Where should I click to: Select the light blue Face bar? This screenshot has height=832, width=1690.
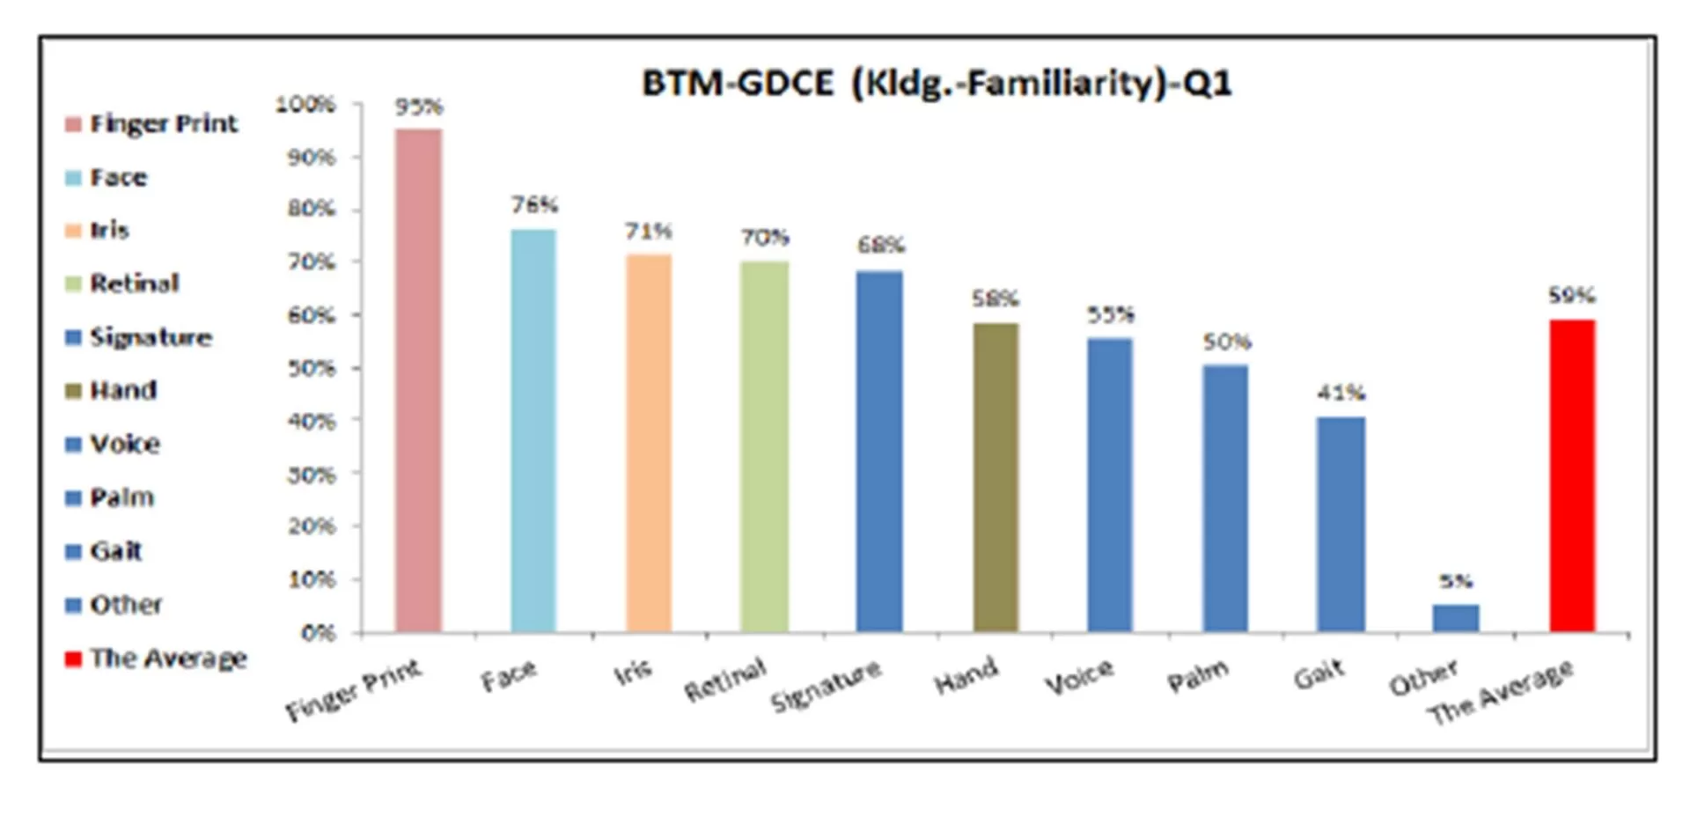(x=533, y=431)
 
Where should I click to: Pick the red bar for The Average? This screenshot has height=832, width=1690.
(x=1572, y=475)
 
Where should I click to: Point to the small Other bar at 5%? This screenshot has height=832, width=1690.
(x=1456, y=618)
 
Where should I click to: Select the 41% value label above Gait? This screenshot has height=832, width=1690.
(x=1341, y=393)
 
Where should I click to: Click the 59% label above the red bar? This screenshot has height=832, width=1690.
(x=1572, y=296)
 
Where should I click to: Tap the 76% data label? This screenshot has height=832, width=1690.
(x=534, y=205)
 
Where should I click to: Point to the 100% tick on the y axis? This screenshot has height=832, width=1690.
(x=305, y=105)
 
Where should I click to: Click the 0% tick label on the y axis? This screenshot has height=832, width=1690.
(x=318, y=633)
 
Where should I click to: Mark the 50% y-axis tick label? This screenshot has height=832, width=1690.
(x=312, y=368)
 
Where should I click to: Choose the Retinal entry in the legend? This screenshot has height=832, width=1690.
(x=134, y=283)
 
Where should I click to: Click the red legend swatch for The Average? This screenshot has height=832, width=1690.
(x=73, y=659)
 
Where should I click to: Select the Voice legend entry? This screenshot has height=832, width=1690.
(x=125, y=444)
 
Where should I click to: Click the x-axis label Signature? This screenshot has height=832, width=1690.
(x=825, y=686)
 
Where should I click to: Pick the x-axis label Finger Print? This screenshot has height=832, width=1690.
(x=354, y=690)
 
